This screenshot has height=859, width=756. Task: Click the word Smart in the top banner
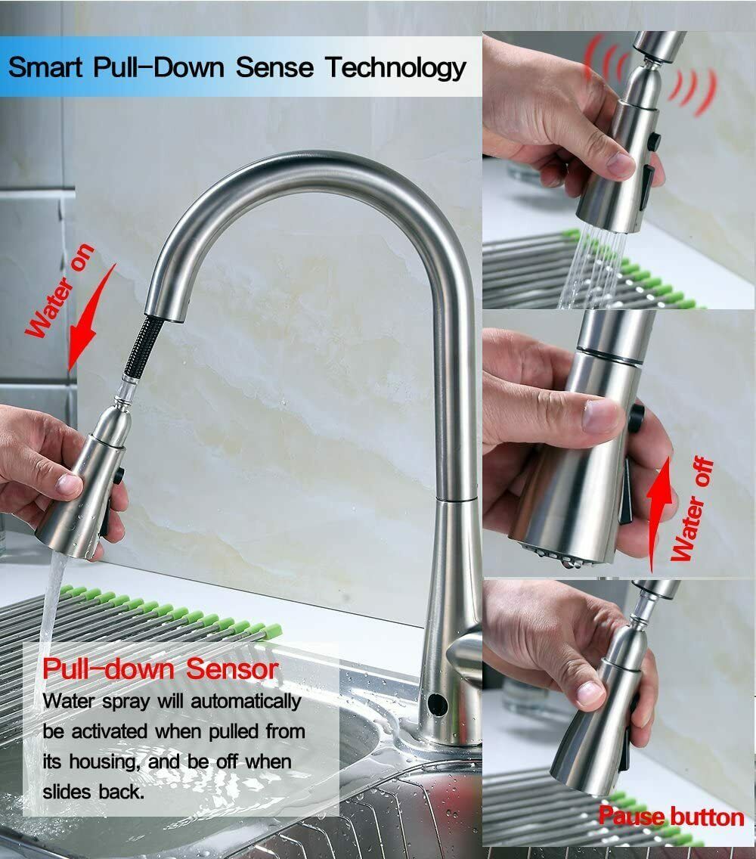point(45,67)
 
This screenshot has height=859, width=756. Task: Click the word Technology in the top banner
point(395,69)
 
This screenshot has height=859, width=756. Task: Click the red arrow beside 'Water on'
point(91,318)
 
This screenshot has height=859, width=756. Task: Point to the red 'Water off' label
point(692,509)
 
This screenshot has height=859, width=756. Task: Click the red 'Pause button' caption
point(671,817)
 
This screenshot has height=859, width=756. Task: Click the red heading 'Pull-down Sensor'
point(160,669)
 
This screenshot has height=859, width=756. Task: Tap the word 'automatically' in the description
point(246,701)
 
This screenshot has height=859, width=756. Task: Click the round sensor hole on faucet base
point(437,705)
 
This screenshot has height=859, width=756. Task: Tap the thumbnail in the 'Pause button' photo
point(590,693)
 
